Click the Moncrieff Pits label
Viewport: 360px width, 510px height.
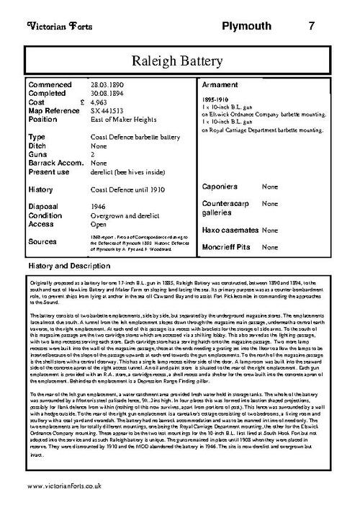click(230, 247)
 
